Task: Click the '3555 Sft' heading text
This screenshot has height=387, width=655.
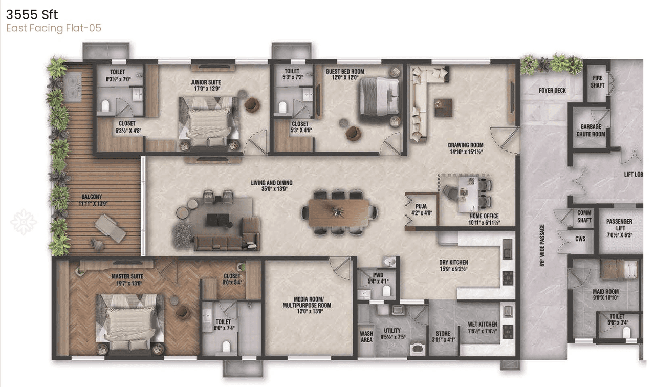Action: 32,14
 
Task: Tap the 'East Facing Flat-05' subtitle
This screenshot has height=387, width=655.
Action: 54,28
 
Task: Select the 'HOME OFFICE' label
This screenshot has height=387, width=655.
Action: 484,216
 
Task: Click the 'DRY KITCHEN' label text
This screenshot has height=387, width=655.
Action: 453,262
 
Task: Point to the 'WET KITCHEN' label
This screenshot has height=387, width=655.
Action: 482,324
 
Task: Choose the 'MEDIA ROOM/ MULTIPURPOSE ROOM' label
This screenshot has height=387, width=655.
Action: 306,302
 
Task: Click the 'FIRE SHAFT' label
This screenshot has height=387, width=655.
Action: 597,81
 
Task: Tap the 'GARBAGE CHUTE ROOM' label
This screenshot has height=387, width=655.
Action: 591,131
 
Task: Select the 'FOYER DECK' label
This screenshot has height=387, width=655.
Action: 552,91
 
